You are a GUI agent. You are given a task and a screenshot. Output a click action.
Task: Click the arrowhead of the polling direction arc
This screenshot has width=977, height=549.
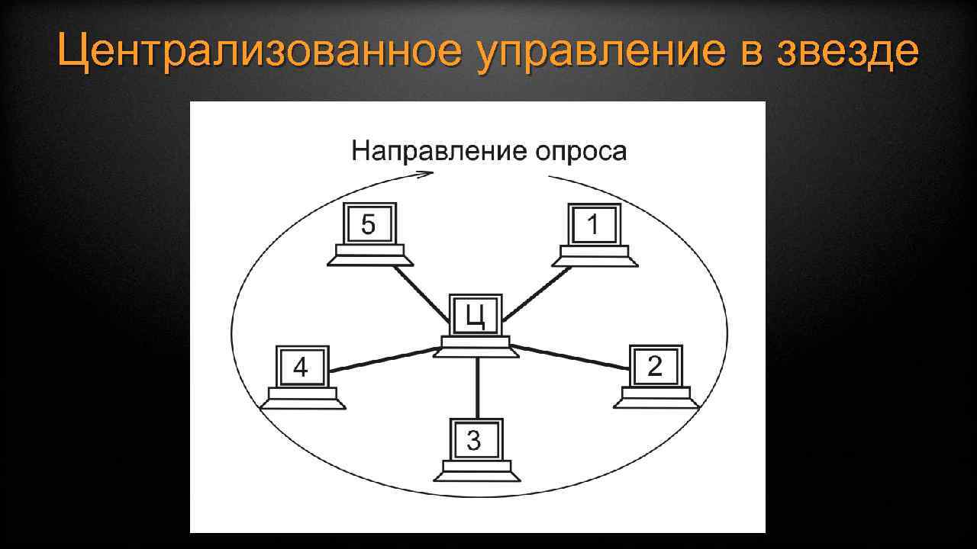point(427,174)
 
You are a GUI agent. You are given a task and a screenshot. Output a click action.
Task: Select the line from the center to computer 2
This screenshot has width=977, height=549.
point(572,358)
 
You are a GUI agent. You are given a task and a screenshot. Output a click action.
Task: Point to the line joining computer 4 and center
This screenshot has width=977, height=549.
point(382,360)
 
